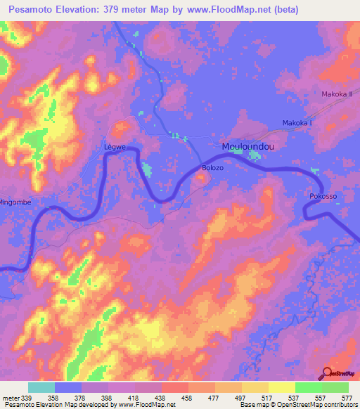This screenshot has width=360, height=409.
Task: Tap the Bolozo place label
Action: click(x=212, y=168)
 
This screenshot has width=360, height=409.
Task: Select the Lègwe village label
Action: click(x=114, y=148)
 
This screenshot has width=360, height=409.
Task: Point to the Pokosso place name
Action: click(x=323, y=197)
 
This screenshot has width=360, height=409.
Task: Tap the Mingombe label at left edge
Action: click(x=15, y=201)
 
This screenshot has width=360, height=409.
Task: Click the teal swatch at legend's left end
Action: click(x=41, y=387)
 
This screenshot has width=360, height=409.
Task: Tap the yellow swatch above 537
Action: click(x=281, y=387)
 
